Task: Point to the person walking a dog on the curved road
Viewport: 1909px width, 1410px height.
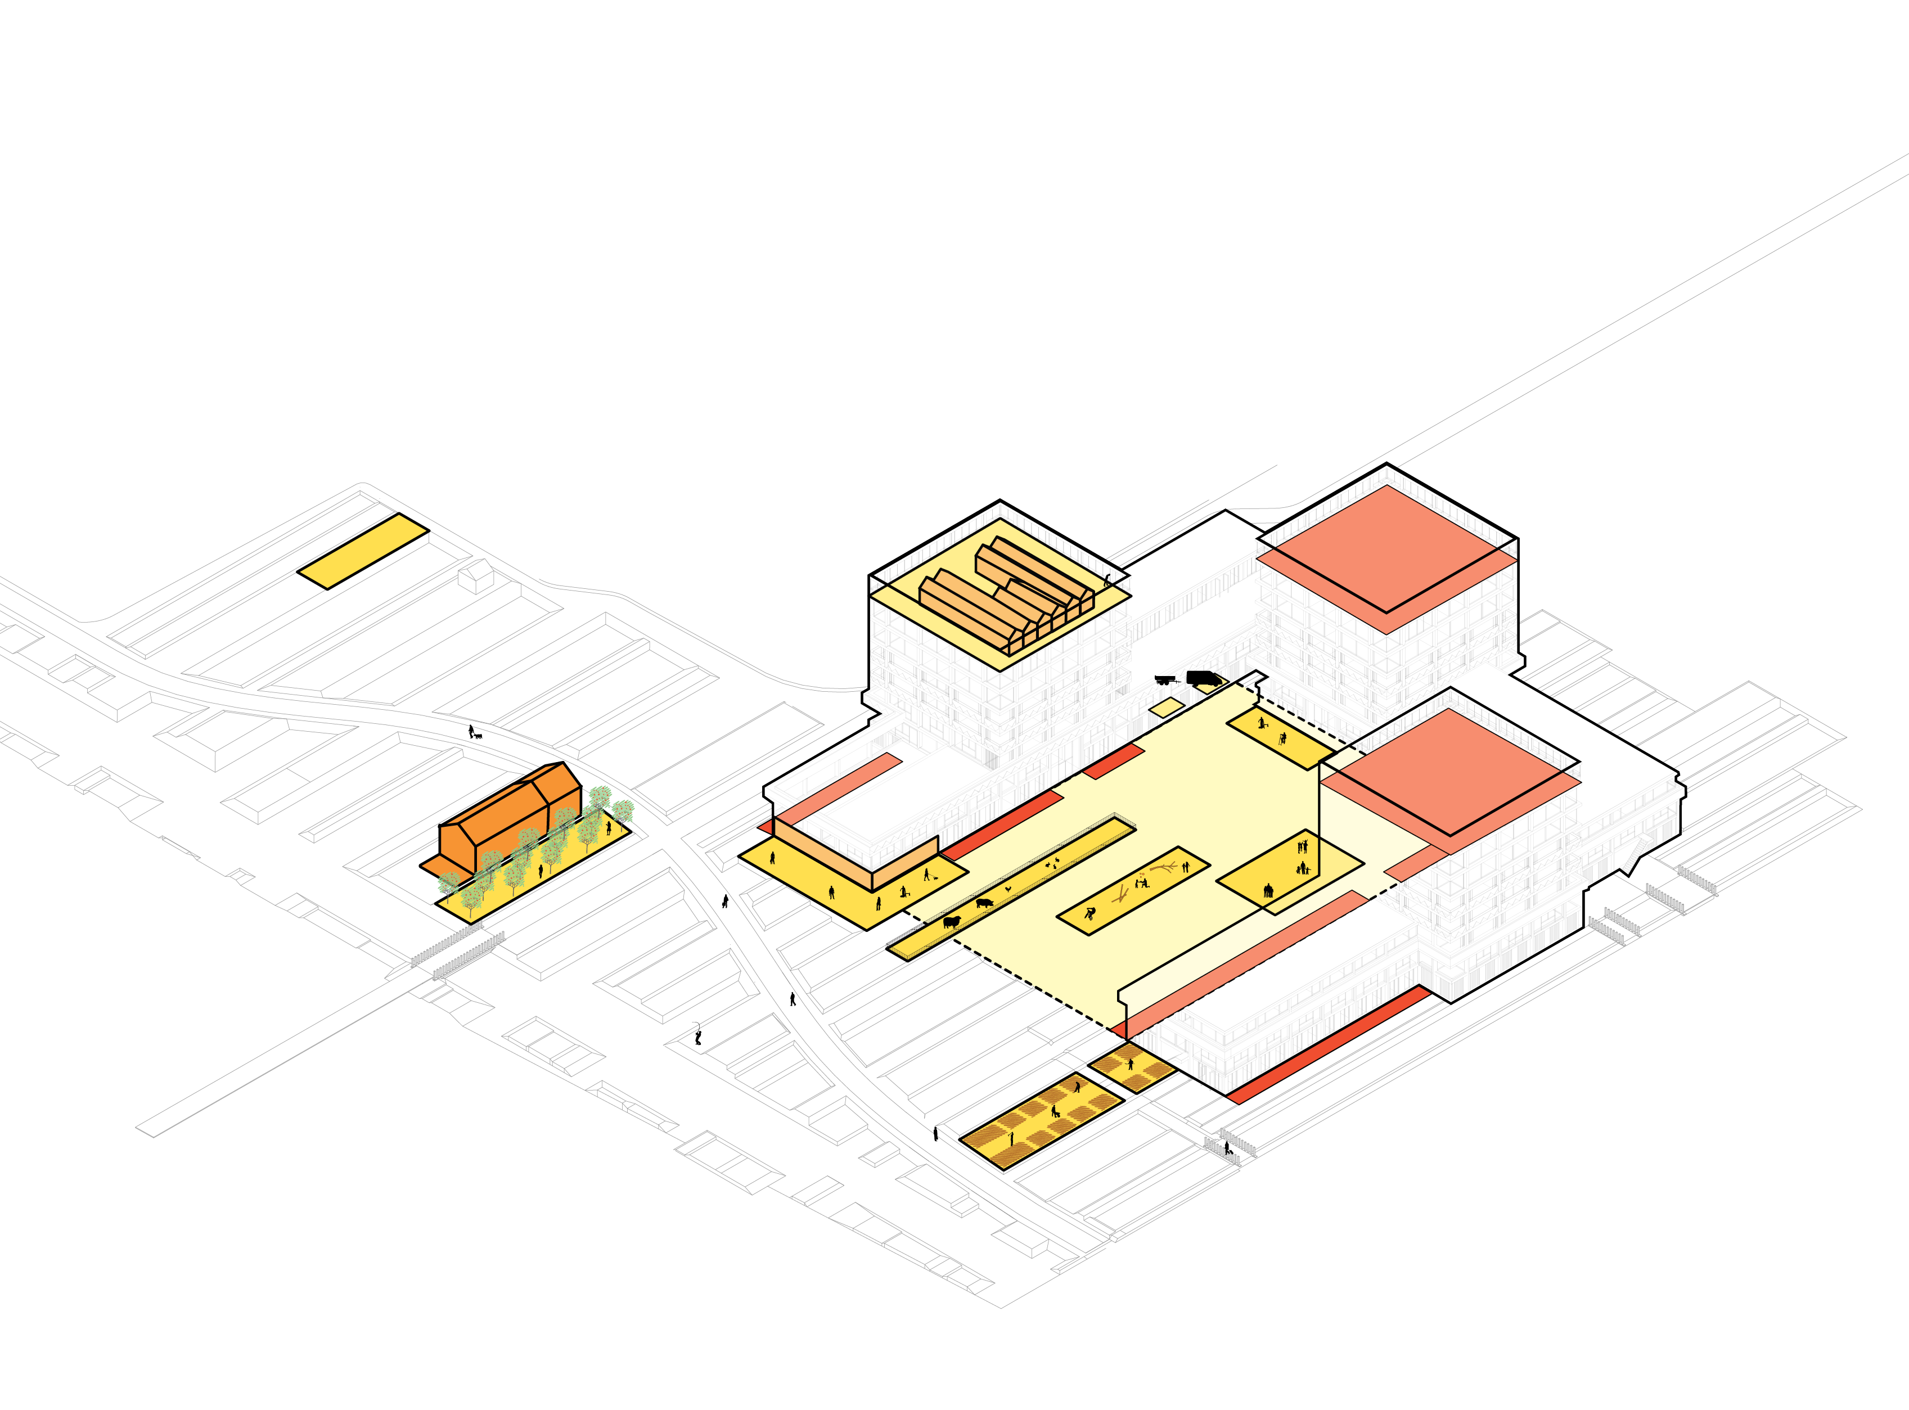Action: point(471,732)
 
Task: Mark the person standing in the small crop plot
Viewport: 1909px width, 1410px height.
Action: point(1131,1064)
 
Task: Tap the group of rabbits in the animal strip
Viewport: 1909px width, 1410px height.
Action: point(1053,864)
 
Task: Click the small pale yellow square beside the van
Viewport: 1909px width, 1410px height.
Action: point(1166,707)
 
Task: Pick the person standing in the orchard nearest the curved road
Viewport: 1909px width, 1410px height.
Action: point(609,827)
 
